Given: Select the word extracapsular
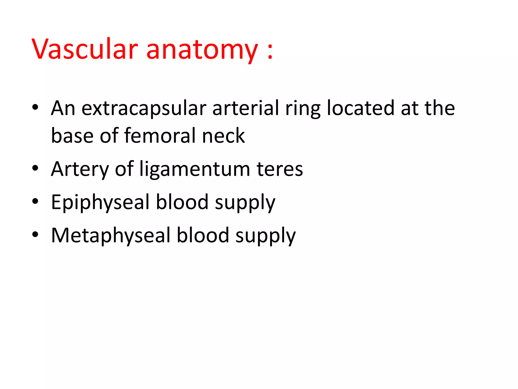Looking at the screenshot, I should (144, 108).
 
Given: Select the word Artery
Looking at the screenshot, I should (80, 169).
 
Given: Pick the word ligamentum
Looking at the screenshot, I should (195, 169).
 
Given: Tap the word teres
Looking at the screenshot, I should (279, 169).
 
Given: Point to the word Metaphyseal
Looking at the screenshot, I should (111, 235).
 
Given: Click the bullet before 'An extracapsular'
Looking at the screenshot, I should (35, 107).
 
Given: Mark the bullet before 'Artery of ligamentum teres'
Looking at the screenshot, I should (35, 168).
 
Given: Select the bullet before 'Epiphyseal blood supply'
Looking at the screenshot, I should (35, 201).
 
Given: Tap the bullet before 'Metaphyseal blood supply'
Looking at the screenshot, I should (35, 235).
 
